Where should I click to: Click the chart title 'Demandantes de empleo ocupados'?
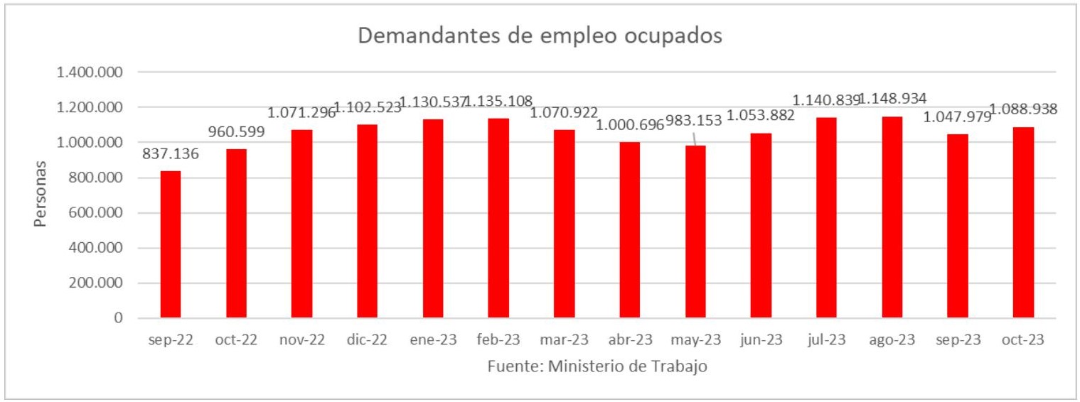click(540, 36)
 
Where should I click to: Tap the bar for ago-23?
click(892, 217)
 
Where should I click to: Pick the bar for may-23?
click(695, 232)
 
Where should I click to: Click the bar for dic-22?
click(368, 221)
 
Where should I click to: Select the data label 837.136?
click(171, 153)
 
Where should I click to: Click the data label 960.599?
click(236, 131)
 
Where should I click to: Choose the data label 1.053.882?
click(761, 116)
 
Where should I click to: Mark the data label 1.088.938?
click(1024, 110)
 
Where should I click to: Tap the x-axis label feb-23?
click(498, 340)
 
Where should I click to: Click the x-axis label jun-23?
click(761, 340)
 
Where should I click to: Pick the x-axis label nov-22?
click(301, 340)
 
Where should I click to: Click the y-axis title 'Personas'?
click(41, 194)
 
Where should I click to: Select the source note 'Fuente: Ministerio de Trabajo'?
click(597, 367)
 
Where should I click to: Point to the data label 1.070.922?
click(564, 112)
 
